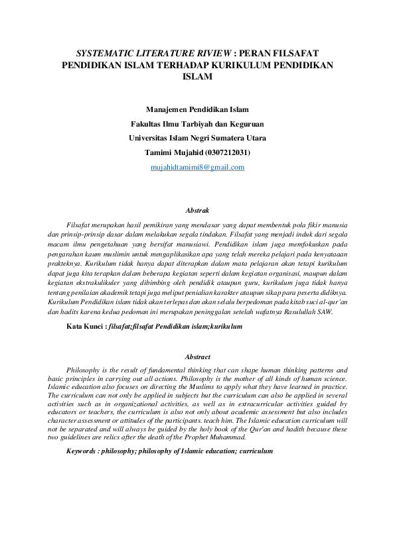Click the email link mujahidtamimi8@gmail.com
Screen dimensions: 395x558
197,168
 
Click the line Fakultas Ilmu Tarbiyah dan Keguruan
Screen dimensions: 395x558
197,123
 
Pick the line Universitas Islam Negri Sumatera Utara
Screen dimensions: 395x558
197,138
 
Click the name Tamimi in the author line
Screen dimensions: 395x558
159,152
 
